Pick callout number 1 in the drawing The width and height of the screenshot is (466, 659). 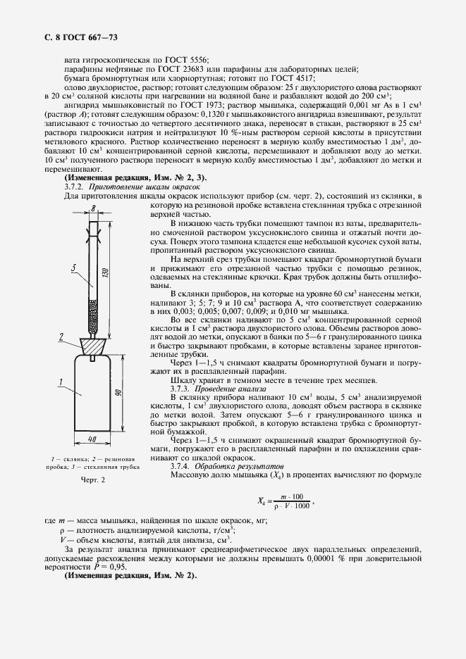pos(61,382)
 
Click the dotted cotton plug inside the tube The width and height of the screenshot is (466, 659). pos(92,321)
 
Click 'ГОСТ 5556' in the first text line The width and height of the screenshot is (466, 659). pos(190,59)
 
